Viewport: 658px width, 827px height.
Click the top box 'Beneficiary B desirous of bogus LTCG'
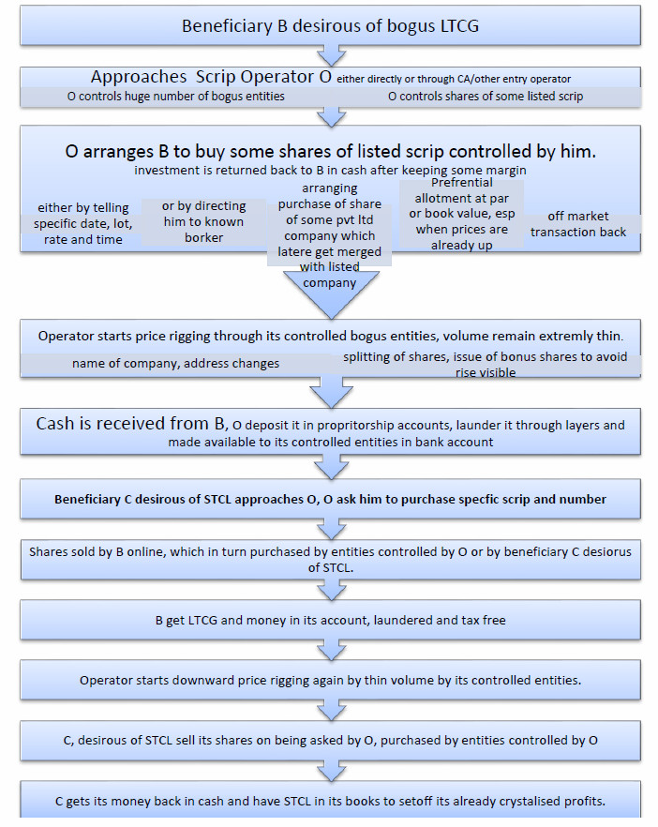[330, 25]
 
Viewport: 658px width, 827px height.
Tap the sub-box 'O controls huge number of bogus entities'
[176, 97]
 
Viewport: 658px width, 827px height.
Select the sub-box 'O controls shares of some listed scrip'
[486, 97]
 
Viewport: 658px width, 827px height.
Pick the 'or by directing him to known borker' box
[203, 221]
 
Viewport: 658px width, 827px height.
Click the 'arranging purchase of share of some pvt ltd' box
[329, 235]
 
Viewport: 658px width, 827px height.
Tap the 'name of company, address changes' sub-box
[175, 363]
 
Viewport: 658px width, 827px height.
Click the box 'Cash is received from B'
[330, 432]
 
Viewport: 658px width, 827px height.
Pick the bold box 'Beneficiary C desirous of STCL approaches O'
[330, 499]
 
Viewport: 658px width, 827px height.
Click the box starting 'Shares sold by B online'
[330, 559]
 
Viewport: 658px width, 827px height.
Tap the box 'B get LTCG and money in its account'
[330, 620]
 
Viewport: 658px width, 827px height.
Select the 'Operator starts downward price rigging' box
[330, 680]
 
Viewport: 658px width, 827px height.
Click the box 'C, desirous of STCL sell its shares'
[330, 740]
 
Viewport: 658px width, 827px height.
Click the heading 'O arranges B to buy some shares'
[330, 151]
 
